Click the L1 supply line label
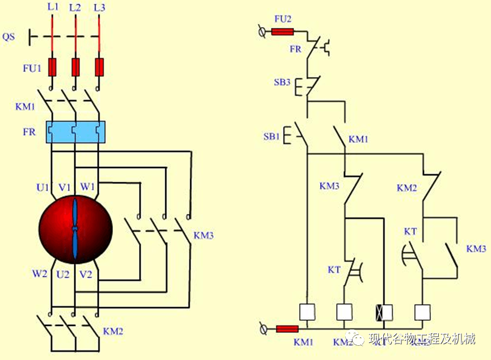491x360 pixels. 53,7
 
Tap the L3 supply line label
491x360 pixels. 99,7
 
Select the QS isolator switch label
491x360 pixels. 9,37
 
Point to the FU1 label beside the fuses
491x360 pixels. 32,69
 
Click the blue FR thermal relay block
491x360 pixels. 75,132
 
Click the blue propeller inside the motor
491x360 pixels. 75,229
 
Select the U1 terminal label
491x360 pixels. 43,187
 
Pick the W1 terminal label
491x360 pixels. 87,187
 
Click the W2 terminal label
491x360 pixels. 39,273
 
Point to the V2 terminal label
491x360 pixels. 86,273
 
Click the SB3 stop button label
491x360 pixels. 282,82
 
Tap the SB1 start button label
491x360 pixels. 271,136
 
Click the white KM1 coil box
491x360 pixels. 307,312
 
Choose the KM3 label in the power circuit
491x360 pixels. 203,235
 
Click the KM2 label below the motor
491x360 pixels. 113,331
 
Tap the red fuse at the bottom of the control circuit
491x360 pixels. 287,329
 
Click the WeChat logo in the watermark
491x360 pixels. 356,339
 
